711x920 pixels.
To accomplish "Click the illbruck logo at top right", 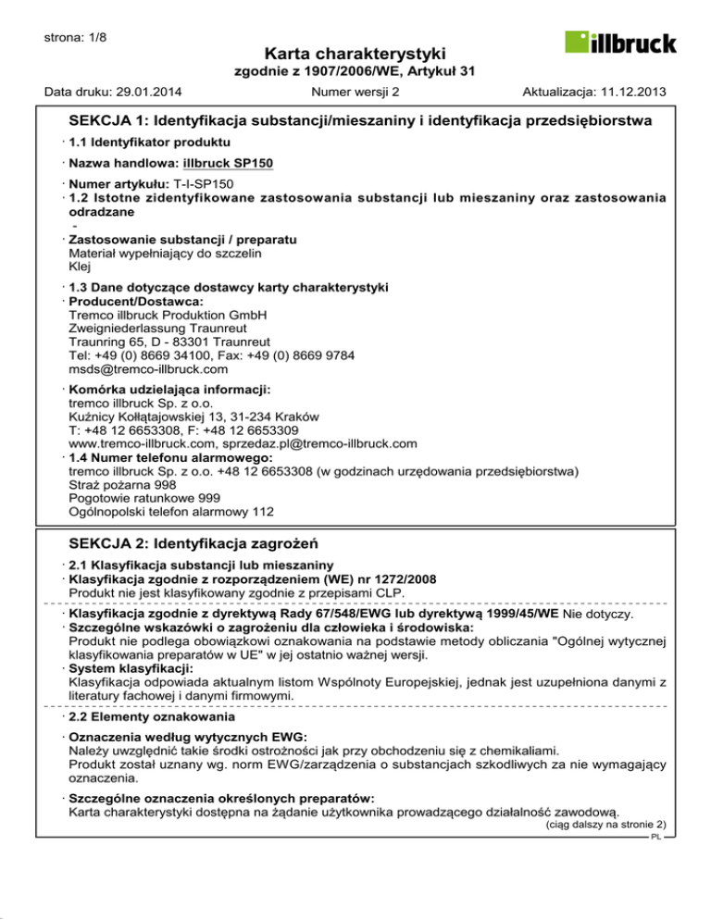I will (x=621, y=43).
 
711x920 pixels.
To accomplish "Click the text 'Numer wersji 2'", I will (x=355, y=92).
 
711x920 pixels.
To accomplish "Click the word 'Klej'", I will (x=81, y=267).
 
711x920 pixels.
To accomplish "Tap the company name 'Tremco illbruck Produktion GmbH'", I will (x=168, y=315).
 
